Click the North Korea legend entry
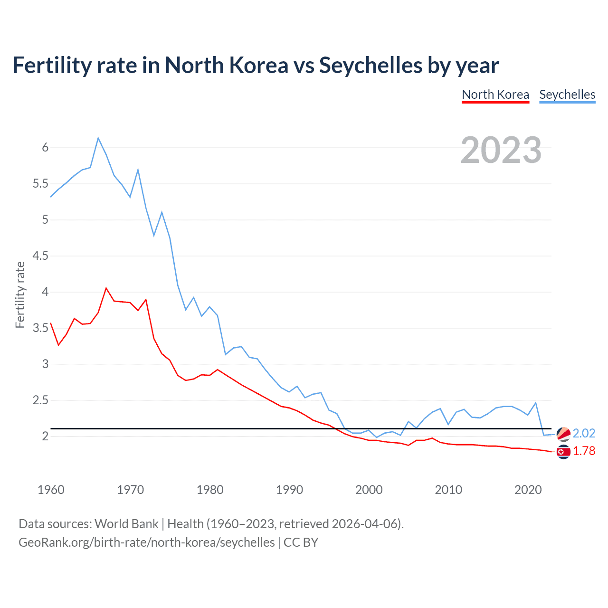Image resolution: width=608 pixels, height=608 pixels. point(495,95)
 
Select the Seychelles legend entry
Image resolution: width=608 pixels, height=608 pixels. point(567,95)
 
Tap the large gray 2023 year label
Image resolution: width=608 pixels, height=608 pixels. point(501,150)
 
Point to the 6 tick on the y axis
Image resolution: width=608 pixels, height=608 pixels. point(45,148)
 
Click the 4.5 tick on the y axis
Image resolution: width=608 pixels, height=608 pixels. point(40,256)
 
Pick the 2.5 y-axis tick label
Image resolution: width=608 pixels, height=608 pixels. point(40,400)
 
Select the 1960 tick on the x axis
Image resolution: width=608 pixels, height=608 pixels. point(51,490)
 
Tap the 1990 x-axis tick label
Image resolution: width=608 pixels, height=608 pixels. point(289,490)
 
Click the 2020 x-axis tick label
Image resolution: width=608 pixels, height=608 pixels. point(528,490)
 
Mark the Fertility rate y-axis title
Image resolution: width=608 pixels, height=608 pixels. point(20,294)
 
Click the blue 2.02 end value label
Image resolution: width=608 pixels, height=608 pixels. point(584,433)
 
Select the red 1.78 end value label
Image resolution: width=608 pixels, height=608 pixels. point(584,451)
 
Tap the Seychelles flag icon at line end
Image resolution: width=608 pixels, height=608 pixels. point(563,434)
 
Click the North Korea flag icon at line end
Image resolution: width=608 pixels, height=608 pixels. point(563,452)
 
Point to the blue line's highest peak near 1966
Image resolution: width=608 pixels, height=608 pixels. point(98,138)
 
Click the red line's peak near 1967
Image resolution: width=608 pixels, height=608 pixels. point(106,288)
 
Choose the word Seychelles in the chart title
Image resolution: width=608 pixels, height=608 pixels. point(370,65)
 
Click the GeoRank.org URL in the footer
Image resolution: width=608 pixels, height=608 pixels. point(146,542)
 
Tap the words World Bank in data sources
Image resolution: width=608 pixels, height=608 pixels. point(126,523)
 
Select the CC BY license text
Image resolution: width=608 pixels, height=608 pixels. point(301,542)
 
